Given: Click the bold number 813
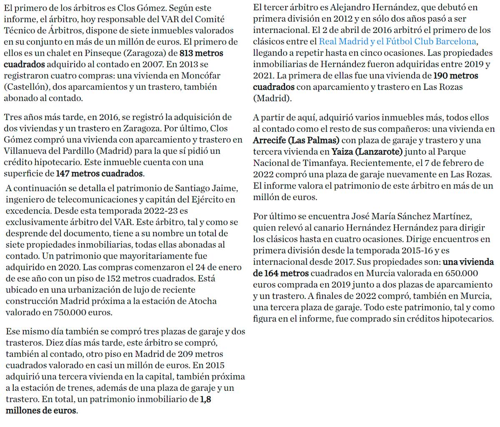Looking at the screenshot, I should point(187,53).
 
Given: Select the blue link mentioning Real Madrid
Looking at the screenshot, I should point(397,41).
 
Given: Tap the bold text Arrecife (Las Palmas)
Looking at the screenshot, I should point(296,140).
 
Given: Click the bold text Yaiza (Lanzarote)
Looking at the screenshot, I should point(367,151).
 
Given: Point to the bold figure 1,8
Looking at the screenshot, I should point(206,399).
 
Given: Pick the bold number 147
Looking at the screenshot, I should point(62,173).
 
